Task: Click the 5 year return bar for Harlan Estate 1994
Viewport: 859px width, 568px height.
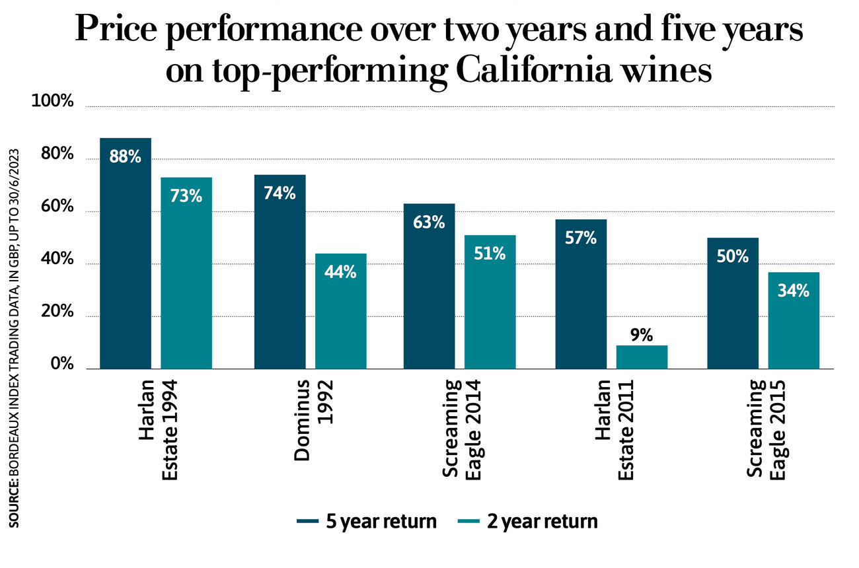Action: (x=126, y=264)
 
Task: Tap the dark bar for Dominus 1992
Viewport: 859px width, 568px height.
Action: (x=280, y=277)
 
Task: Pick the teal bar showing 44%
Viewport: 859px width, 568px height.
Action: (x=340, y=317)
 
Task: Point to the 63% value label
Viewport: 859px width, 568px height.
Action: (x=429, y=223)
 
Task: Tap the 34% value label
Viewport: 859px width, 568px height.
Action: (x=794, y=290)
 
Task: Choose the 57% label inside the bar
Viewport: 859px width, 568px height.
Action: (x=581, y=238)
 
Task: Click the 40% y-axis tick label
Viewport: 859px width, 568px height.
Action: (x=54, y=260)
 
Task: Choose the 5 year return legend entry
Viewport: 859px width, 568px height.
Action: (x=367, y=522)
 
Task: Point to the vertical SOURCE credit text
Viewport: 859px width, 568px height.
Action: (x=14, y=337)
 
